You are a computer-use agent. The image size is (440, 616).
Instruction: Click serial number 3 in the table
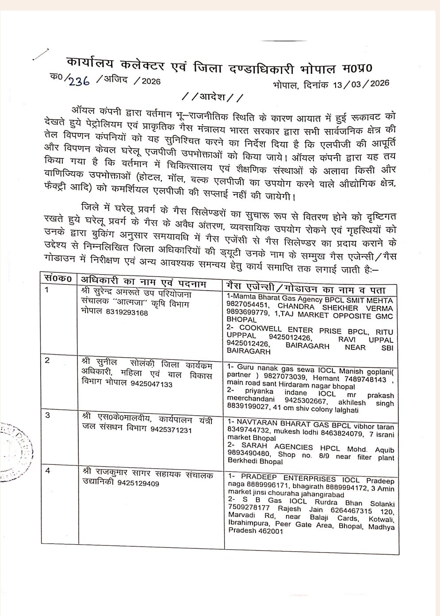click(x=48, y=416)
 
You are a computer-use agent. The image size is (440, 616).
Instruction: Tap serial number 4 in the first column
click(x=48, y=471)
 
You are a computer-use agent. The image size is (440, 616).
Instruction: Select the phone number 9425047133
click(x=151, y=384)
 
